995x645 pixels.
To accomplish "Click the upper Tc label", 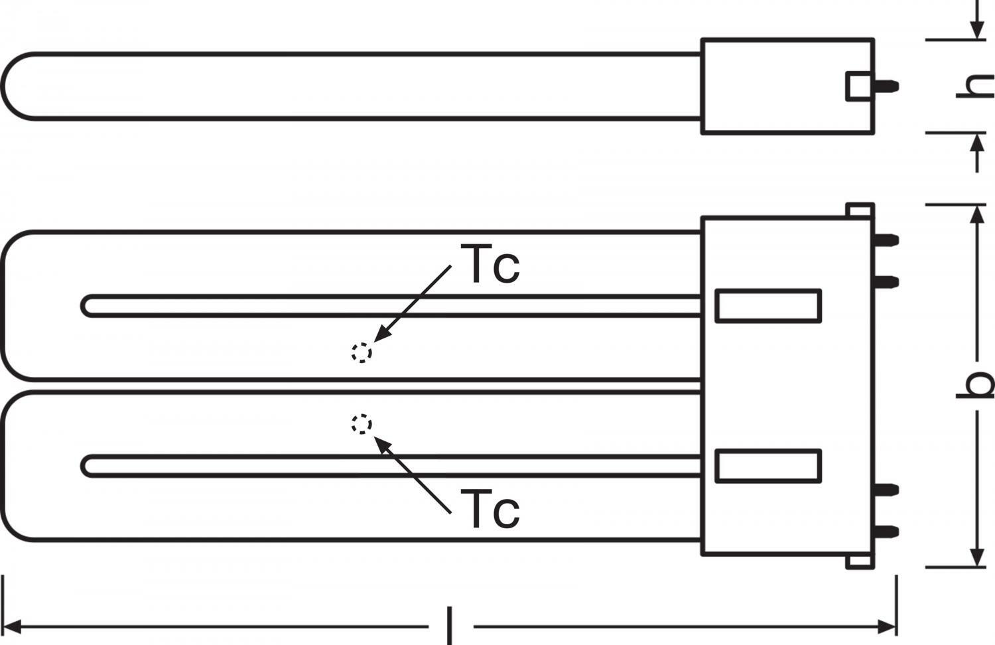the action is [490, 264].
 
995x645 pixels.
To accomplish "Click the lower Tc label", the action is [490, 508].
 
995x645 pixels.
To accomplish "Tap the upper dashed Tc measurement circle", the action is [362, 353].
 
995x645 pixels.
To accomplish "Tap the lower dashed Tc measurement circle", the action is [362, 424].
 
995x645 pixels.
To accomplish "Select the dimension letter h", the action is [976, 86].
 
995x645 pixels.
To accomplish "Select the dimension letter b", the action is [976, 385].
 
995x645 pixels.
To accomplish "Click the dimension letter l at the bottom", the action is [450, 626].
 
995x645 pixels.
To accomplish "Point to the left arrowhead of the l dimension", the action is [11, 627].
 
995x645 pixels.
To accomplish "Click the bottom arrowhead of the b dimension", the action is [976, 557].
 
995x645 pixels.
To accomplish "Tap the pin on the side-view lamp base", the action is [887, 86].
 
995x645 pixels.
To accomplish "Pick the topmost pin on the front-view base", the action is [887, 240].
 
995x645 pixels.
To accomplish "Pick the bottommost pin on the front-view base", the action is [887, 532].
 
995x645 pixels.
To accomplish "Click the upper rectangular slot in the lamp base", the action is [768, 306].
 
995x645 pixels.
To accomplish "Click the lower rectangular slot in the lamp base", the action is [768, 466].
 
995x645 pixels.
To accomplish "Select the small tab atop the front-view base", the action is [860, 210].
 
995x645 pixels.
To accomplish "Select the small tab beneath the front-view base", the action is [860, 561].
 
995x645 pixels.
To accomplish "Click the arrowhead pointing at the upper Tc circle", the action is [382, 333].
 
